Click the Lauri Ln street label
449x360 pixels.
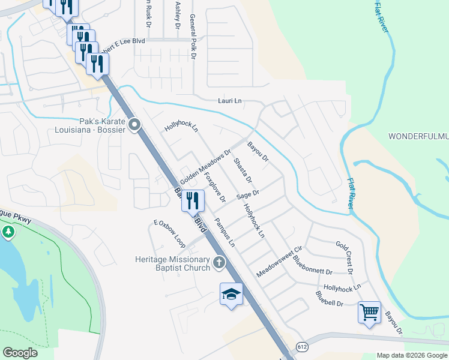point(229,102)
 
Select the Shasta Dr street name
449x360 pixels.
point(242,171)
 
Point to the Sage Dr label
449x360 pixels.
point(247,194)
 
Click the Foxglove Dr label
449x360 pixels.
point(214,187)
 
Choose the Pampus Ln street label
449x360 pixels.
point(225,233)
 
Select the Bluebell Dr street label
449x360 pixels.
point(330,298)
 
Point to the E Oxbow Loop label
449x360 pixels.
point(169,233)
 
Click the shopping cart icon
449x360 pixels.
point(369,311)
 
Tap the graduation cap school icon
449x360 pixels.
point(231,293)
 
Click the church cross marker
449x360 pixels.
point(220,262)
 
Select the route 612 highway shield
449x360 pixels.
point(301,347)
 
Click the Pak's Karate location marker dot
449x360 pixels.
point(134,125)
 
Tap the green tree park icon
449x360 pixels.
point(8,232)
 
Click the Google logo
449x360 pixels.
point(20,353)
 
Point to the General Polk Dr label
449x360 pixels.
point(193,34)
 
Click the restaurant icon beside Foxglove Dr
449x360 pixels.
point(193,200)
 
